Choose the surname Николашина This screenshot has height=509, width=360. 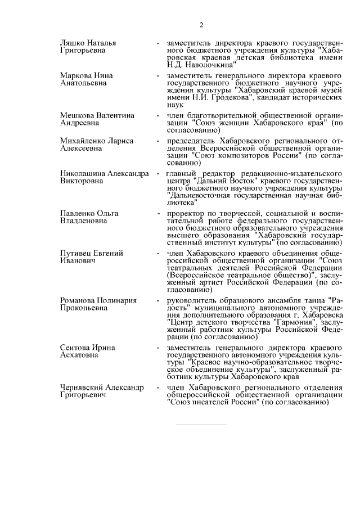pos(85,173)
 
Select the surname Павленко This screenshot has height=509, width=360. pos(78,213)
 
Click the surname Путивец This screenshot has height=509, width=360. pos(76,254)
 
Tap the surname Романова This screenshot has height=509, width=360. pos(79,301)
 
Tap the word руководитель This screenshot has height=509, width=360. pos(192,301)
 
